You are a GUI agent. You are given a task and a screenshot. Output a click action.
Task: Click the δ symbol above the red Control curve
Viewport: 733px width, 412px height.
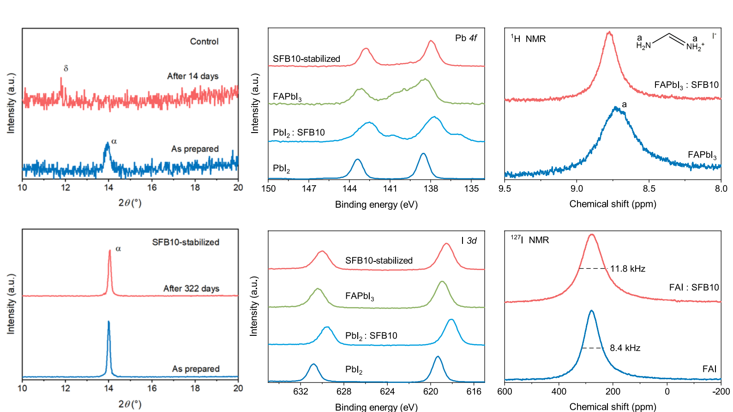[66, 68]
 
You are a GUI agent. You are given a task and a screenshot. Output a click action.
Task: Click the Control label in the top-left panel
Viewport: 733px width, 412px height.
[204, 42]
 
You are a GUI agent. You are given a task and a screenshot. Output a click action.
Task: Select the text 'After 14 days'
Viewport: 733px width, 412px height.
[192, 76]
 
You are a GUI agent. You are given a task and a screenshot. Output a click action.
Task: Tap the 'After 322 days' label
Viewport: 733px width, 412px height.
[191, 289]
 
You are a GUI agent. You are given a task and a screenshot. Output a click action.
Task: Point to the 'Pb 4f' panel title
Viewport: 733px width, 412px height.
[466, 38]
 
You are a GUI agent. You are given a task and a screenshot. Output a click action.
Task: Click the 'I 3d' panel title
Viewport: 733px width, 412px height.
[469, 241]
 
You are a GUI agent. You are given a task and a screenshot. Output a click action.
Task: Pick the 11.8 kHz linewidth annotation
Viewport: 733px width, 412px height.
[627, 269]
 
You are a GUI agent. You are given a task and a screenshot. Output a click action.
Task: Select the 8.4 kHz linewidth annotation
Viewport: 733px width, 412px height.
[625, 348]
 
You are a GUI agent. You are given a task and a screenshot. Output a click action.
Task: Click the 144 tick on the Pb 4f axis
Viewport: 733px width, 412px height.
[349, 188]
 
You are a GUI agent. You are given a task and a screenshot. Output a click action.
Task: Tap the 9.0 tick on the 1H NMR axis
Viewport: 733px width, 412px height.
[577, 188]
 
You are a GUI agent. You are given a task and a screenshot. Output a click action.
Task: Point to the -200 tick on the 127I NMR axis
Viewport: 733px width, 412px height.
[721, 392]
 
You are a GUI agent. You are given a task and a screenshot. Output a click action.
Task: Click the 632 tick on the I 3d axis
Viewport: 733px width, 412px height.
[300, 392]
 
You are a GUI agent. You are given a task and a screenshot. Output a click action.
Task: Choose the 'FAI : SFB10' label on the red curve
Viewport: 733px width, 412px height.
[694, 287]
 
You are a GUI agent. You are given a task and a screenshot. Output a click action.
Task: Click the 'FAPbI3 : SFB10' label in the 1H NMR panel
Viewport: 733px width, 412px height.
[686, 85]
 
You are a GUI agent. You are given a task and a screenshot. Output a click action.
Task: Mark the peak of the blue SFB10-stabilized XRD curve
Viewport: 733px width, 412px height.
[108, 321]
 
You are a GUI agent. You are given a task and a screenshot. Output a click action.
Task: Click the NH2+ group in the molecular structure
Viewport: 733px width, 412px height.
[695, 47]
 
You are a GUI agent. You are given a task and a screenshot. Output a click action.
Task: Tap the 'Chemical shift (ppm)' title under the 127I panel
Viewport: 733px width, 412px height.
[613, 406]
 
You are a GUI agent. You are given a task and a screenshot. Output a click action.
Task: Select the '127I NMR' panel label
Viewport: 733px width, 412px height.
[530, 240]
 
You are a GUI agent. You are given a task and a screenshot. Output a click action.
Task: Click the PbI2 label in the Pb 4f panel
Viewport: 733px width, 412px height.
[281, 169]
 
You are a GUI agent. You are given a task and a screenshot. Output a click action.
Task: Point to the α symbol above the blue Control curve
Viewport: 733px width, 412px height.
[114, 141]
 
